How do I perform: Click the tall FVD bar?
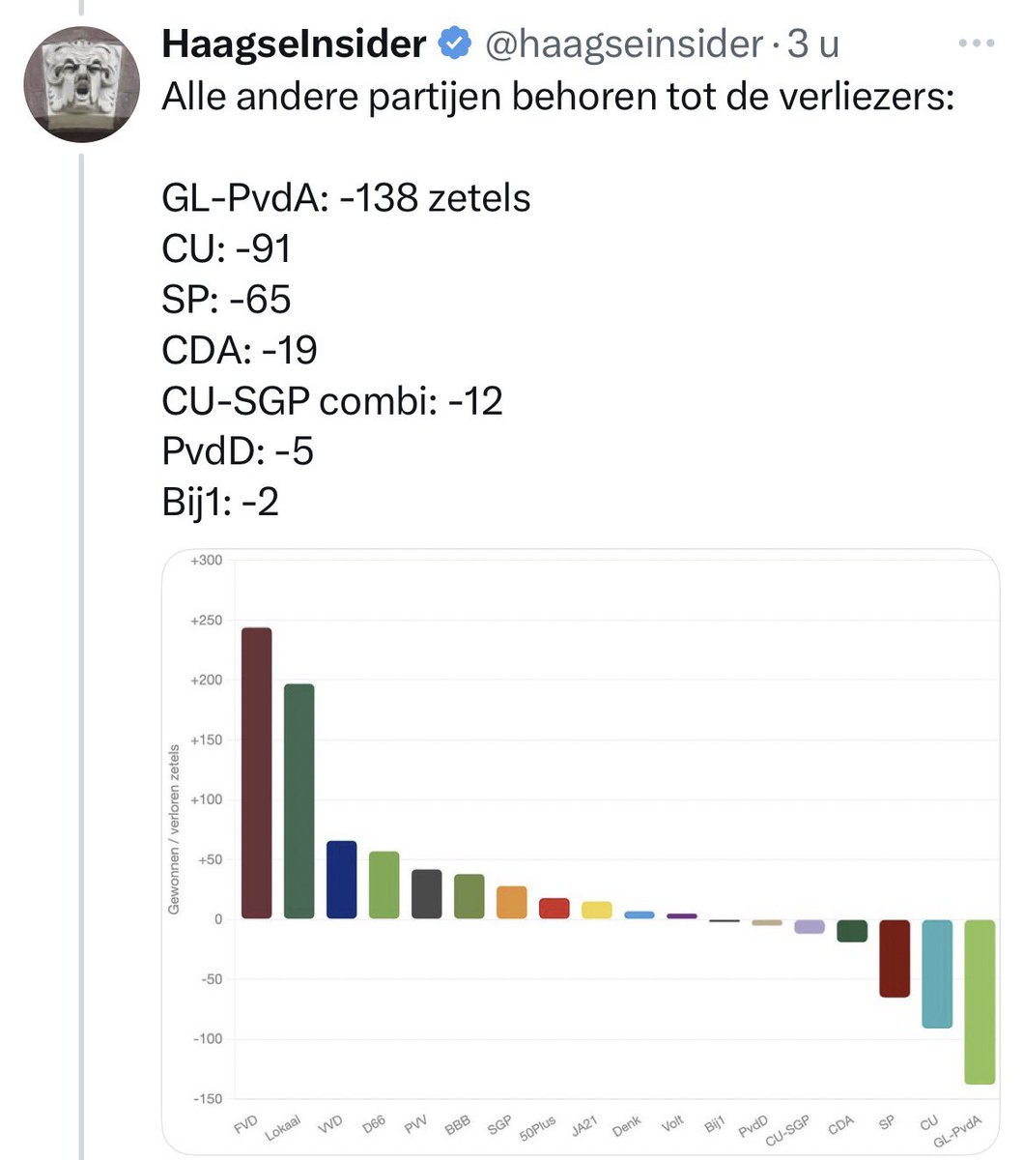[256, 773]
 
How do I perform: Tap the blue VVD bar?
[341, 880]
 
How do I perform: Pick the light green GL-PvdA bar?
[980, 1001]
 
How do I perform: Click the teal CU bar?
[937, 973]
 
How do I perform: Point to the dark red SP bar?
[895, 958]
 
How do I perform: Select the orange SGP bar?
[512, 902]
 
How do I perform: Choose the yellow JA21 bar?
[597, 910]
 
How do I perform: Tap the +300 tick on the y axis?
[206, 561]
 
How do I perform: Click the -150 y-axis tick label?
[206, 1099]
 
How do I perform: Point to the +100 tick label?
[206, 799]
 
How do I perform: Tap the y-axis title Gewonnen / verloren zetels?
[175, 828]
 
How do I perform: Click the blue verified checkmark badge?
[455, 44]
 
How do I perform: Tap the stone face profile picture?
[82, 84]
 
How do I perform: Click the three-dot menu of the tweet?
[978, 44]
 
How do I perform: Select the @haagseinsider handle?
[624, 44]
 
